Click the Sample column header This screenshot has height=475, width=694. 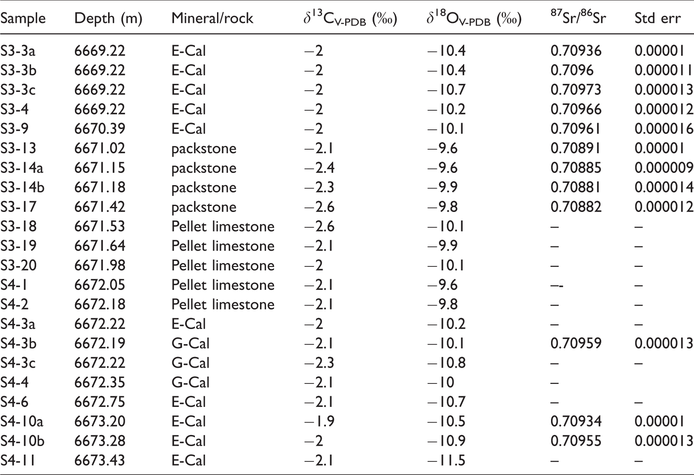pos(23,18)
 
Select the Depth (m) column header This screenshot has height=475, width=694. pos(109,18)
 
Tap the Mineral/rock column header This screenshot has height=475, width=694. pos(212,18)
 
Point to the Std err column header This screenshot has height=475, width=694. pos(658,18)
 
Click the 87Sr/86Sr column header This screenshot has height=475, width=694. pos(578,17)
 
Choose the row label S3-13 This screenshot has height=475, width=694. pos(18,148)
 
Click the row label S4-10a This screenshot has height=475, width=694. pos(22,421)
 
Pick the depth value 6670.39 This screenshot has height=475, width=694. pos(100,129)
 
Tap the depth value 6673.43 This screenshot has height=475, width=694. pos(100,461)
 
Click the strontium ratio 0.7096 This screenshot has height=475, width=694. pos(572,70)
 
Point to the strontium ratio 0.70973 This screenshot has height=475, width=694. pos(576,89)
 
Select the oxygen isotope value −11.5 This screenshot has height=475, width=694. pos(446,461)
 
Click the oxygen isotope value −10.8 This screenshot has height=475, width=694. pos(446,363)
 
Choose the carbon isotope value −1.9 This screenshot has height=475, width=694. pos(319,421)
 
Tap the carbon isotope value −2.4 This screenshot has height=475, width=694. pos(319,168)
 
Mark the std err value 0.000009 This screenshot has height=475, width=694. pos(664,168)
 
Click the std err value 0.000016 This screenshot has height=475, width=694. pos(664,129)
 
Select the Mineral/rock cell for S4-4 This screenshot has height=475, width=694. pos(191,382)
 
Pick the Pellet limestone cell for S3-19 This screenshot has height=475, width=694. pos(223,246)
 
